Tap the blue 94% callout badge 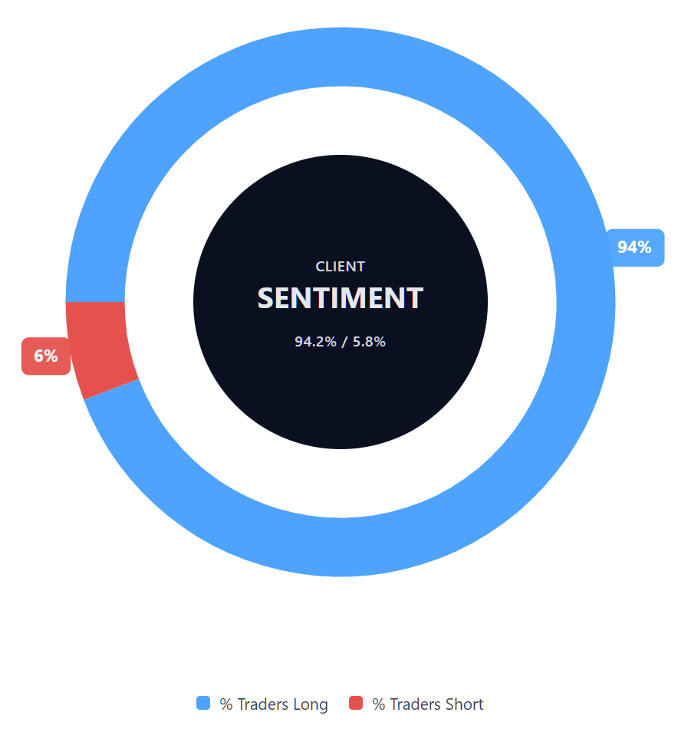point(634,248)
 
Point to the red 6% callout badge point(46,356)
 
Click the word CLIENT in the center point(341,267)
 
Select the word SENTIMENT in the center point(341,298)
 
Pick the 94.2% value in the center point(315,342)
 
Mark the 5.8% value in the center point(369,342)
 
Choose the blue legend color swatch point(203,703)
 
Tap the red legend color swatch point(355,703)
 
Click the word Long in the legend point(311,704)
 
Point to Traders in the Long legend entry point(263,704)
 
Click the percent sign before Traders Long point(226,704)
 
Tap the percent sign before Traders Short point(378,704)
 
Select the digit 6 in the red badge point(40,356)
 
